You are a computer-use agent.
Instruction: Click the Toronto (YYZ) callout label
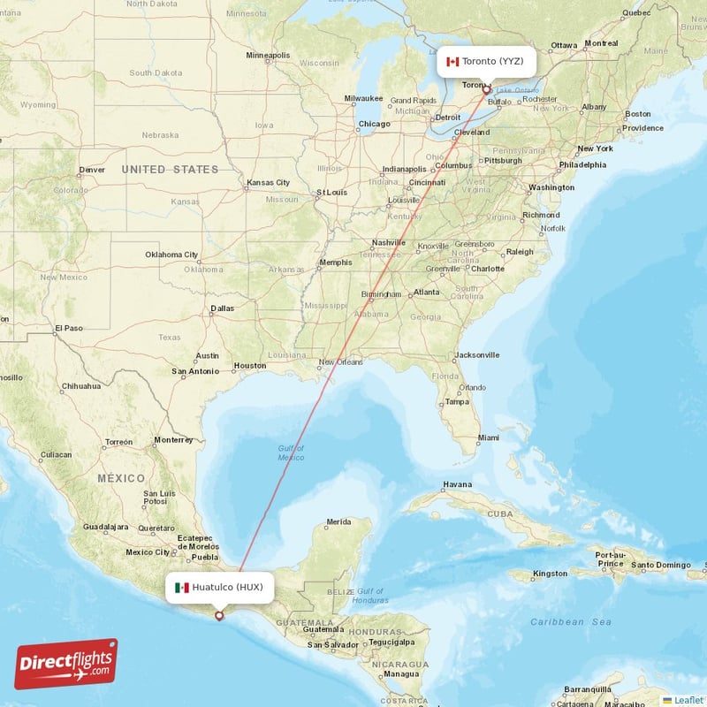[487, 61]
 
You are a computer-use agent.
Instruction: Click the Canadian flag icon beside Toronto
[452, 61]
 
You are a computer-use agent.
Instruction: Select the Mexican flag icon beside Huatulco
[182, 587]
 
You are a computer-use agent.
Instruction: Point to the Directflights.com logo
[66, 664]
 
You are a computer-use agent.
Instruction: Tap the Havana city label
[458, 484]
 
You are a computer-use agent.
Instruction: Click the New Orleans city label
[341, 361]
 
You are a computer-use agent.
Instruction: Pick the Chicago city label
[374, 124]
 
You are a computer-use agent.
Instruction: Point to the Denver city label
[91, 170]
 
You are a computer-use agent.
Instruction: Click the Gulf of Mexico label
[290, 452]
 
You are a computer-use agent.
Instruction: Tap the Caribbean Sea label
[571, 622]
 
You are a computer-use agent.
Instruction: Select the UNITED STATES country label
[170, 169]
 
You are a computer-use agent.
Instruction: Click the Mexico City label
[148, 552]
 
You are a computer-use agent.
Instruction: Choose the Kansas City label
[268, 183]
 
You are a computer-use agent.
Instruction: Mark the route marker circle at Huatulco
[219, 616]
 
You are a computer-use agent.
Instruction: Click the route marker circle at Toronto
[486, 90]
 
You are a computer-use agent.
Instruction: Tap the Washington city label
[551, 187]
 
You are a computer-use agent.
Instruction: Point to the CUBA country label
[500, 513]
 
